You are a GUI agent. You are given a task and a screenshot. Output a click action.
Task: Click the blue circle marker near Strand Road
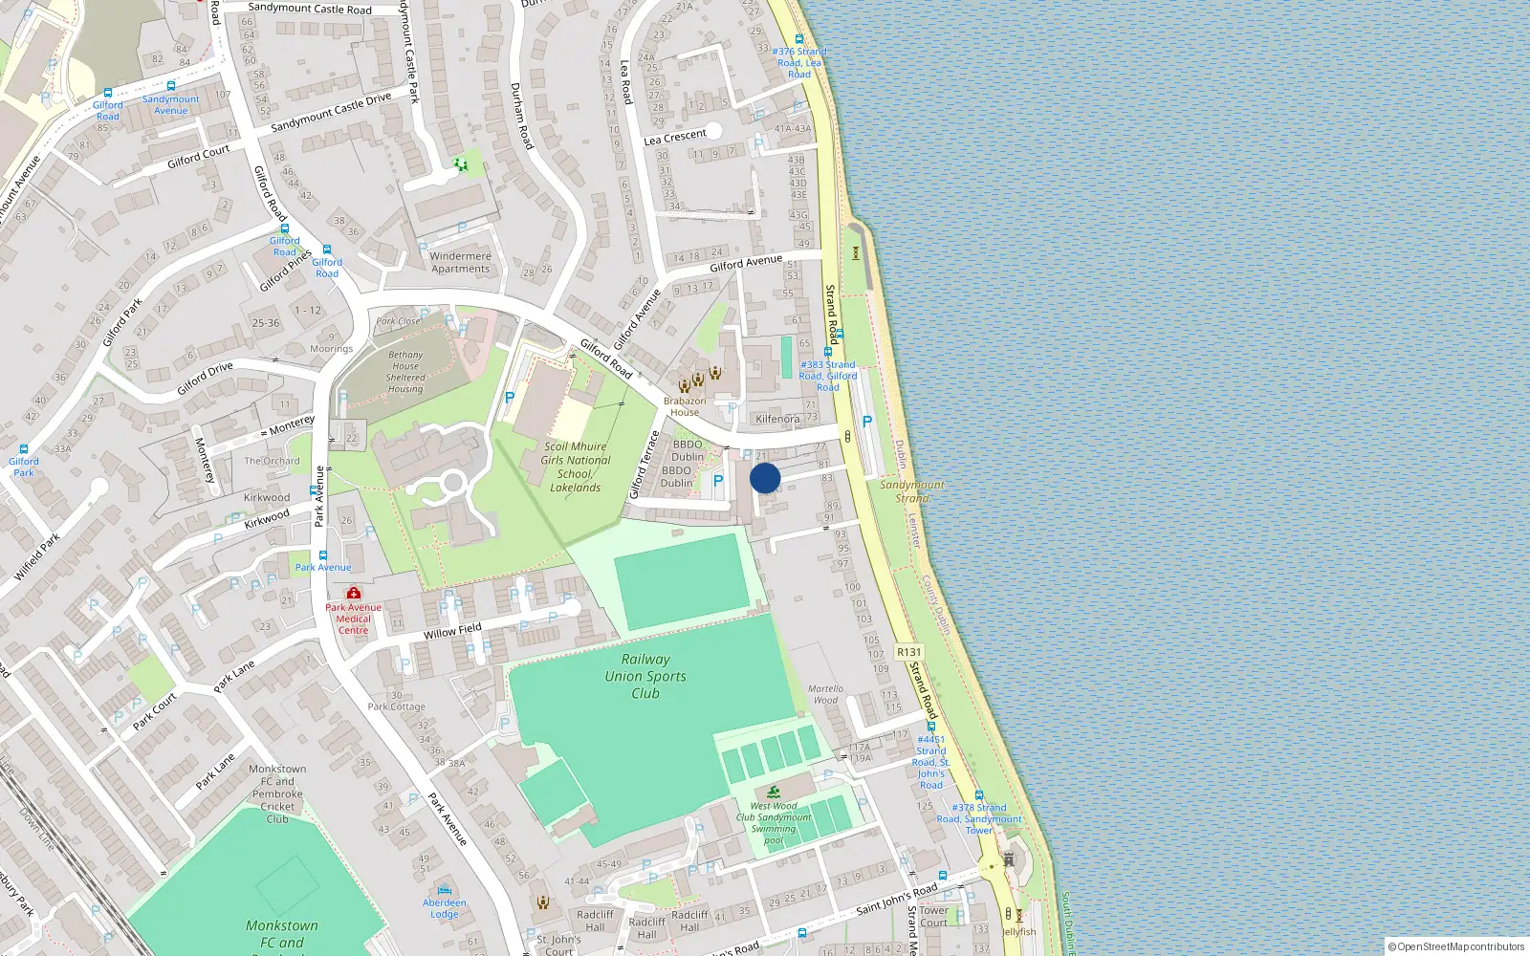coord(765,478)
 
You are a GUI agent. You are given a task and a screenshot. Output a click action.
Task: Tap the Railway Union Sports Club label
coord(645,676)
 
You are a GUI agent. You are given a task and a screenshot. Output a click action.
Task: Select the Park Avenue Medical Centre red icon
coord(354,593)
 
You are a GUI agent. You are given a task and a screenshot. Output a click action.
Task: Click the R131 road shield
coord(909,652)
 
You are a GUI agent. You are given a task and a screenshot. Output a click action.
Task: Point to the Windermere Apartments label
coord(460,262)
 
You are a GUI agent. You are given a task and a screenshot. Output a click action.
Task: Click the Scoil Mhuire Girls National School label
coord(575,467)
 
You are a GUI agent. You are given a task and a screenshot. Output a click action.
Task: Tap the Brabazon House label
coord(685,406)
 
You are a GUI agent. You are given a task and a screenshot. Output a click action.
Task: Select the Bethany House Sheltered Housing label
coord(405,372)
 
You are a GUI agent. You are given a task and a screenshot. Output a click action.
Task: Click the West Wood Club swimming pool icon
coord(773,793)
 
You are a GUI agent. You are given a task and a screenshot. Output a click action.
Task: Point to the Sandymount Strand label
coord(911,491)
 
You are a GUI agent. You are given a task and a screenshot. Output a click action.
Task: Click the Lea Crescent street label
coord(675,137)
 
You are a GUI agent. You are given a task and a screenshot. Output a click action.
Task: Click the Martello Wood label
coord(825,694)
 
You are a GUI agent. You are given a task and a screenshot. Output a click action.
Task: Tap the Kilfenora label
coord(777,419)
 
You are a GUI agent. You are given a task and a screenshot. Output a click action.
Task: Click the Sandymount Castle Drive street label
coord(331,113)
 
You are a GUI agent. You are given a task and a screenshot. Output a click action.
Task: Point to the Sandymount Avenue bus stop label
coord(171,104)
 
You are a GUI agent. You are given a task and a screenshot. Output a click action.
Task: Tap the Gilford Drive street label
coord(205,379)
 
